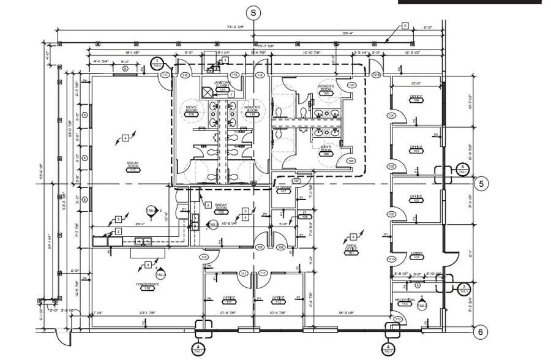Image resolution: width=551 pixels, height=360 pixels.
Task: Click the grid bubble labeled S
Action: (x=254, y=12)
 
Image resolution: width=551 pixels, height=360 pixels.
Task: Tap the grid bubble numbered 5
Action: (x=481, y=183)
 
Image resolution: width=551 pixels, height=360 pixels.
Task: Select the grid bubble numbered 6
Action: (x=481, y=332)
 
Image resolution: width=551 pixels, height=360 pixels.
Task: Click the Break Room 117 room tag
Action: (x=133, y=167)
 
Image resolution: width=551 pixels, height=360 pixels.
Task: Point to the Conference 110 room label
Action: (x=147, y=286)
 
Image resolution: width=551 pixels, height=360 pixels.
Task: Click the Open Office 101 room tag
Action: (x=351, y=249)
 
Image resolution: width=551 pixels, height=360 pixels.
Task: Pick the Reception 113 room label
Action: (x=405, y=301)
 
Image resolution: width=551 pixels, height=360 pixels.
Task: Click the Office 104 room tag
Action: (x=416, y=99)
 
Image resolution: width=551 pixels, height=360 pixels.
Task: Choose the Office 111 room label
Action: (x=230, y=300)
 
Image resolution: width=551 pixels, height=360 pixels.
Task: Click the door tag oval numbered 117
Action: (x=165, y=75)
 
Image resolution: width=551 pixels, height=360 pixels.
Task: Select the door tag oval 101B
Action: (x=377, y=75)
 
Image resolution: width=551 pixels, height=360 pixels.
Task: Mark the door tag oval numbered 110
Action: (x=203, y=258)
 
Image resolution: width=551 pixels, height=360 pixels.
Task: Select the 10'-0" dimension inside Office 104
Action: (x=416, y=83)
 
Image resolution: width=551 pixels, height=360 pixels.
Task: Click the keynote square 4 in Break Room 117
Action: (x=125, y=138)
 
